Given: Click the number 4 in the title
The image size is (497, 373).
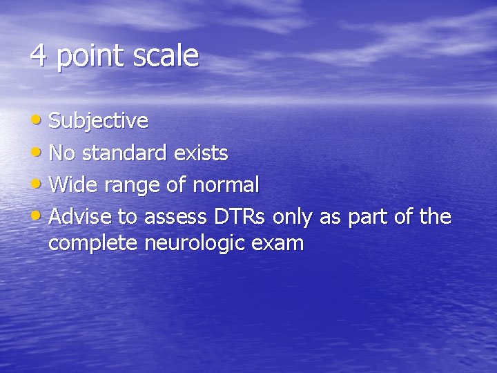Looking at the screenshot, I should click(38, 56).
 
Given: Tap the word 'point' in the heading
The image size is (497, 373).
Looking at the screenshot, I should click(84, 57).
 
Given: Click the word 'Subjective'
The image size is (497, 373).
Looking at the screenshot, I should click(99, 122).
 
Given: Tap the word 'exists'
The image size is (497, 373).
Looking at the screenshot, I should click(201, 153).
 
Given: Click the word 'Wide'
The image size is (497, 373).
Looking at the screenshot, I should click(70, 184).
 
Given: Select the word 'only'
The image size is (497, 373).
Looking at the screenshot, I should click(293, 217).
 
